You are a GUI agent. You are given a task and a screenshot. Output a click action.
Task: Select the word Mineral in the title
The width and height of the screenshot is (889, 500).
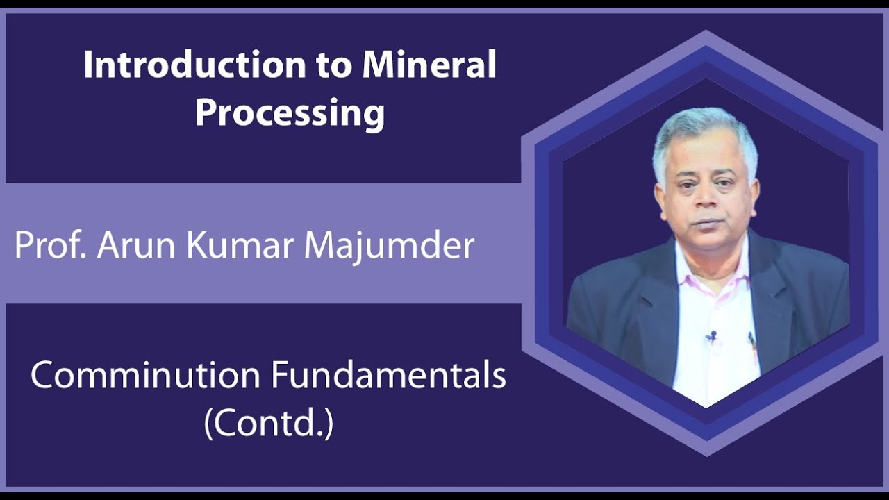point(429,66)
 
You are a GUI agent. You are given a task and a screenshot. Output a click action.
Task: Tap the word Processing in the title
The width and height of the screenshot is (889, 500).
point(290,113)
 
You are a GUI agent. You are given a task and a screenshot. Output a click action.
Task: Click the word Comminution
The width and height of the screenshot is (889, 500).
point(146,376)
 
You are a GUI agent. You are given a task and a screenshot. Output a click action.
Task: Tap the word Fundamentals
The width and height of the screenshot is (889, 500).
point(388,376)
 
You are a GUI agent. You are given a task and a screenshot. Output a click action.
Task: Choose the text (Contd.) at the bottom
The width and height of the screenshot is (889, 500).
point(269,424)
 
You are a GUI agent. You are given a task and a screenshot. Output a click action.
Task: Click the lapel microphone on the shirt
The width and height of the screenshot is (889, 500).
point(711,337)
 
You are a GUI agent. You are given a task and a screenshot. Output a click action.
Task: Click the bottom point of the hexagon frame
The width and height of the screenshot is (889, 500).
point(706,456)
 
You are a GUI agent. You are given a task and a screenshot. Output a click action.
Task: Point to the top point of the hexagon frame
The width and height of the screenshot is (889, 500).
point(706,32)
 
